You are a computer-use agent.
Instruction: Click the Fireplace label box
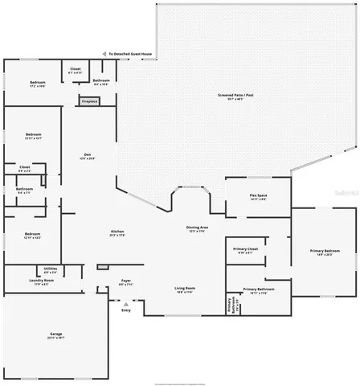point(88,101)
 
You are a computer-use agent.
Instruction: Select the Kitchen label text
point(118,233)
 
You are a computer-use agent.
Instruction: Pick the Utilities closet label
point(50,269)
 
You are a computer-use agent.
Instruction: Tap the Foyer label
point(126,282)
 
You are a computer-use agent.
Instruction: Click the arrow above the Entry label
point(125,304)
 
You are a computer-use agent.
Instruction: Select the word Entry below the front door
point(125,310)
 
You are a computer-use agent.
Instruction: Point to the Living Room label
point(186,289)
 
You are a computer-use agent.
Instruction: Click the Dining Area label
point(198,229)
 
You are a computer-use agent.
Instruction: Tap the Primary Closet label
point(246,251)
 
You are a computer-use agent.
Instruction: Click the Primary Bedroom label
point(325,253)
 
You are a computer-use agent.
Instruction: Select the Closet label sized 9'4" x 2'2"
point(24,169)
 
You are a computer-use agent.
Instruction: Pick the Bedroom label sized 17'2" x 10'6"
point(38,84)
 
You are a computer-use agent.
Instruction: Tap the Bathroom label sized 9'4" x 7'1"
point(24,191)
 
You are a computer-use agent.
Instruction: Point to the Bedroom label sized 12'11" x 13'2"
point(32,236)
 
